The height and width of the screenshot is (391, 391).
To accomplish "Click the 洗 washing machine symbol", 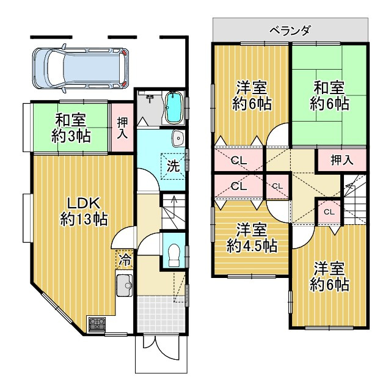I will point(174,164).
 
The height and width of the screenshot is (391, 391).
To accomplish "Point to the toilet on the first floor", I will point(173,252).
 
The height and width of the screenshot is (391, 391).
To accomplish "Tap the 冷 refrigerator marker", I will point(124,260).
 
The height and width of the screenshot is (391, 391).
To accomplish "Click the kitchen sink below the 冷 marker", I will point(125,285).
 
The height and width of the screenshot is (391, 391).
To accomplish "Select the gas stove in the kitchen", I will point(97,323).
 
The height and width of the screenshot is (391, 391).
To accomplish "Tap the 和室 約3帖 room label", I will point(71,128).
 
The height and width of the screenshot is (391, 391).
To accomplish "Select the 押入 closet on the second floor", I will point(342,161).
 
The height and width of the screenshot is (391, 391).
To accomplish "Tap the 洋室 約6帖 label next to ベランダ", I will point(251,95).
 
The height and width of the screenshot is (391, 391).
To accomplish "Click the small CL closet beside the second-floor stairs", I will point(329,211).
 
